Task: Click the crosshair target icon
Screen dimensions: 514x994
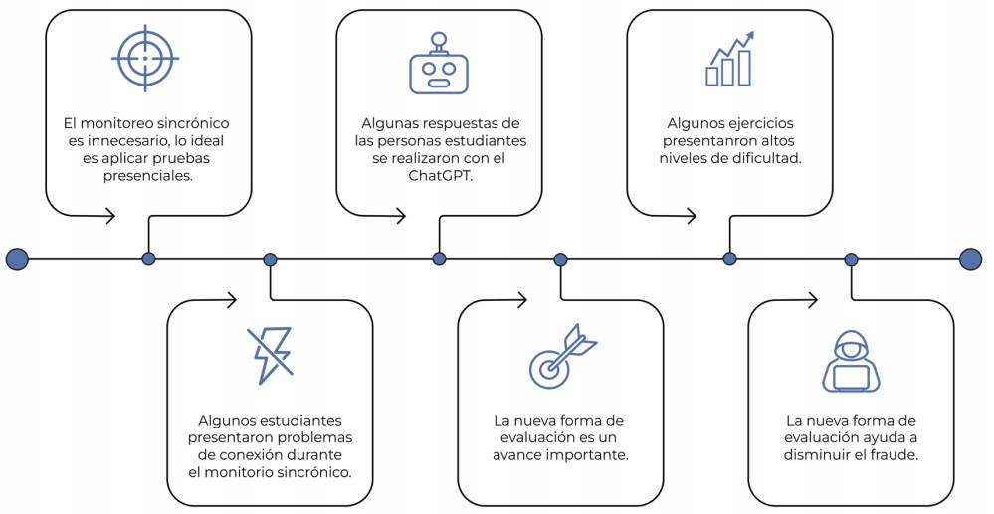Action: click(x=145, y=59)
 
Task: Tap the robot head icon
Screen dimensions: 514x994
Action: click(x=438, y=66)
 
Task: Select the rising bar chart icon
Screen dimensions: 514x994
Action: click(x=730, y=59)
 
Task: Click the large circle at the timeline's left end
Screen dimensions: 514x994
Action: click(x=17, y=259)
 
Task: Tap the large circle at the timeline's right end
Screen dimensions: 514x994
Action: click(x=971, y=259)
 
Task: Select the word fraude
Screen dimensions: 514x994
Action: click(x=893, y=455)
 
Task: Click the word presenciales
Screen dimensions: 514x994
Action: click(x=147, y=176)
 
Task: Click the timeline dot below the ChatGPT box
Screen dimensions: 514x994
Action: click(x=439, y=259)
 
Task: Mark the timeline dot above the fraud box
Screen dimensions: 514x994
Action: click(x=851, y=259)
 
